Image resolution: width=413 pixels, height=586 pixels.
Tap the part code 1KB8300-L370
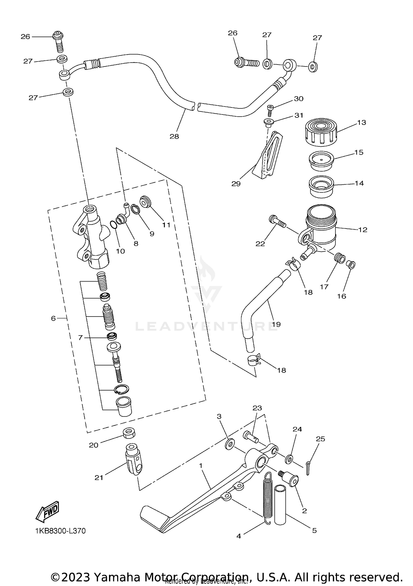click(60, 531)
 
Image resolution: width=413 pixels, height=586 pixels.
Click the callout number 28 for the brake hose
click(174, 136)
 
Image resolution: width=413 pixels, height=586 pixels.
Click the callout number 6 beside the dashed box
click(53, 318)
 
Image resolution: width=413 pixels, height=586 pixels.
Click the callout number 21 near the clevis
click(99, 477)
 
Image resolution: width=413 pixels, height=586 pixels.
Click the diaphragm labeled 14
click(321, 187)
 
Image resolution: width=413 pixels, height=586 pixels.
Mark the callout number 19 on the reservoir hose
click(276, 324)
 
